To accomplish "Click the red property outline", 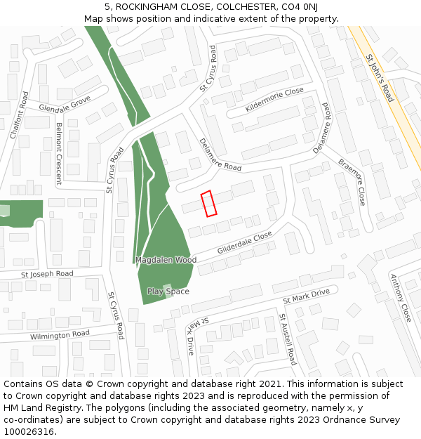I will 208,204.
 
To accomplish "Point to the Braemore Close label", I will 352,181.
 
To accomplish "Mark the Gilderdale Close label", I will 244,243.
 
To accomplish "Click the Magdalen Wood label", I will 166,260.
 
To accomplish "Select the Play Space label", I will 168,291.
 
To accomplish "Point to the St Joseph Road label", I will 47,274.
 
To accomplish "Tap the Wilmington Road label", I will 60,335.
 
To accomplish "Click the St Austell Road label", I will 288,339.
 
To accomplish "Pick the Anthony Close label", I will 401,298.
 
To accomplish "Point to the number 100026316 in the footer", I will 29,431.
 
